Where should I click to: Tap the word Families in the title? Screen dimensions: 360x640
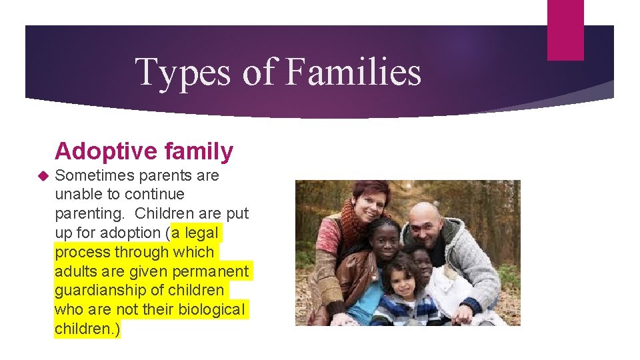tap(353, 72)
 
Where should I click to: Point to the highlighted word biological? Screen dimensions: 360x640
tap(212, 310)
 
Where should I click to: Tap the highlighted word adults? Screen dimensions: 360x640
tap(75, 271)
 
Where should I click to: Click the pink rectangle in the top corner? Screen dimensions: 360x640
tap(565, 29)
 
